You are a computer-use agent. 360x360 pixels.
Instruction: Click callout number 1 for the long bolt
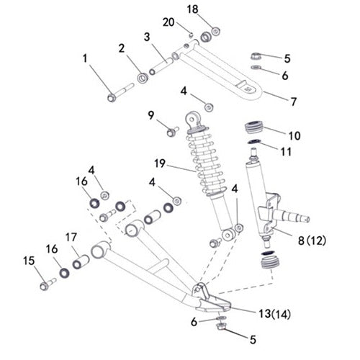pos(87,56)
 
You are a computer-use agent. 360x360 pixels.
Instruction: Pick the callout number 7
pos(293,102)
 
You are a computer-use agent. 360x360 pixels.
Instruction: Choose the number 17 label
pos(71,236)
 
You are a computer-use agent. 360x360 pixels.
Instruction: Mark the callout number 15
pos(30,260)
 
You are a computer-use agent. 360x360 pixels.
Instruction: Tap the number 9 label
pos(150,114)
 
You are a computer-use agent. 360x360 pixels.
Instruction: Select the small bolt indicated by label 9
pos(172,130)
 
